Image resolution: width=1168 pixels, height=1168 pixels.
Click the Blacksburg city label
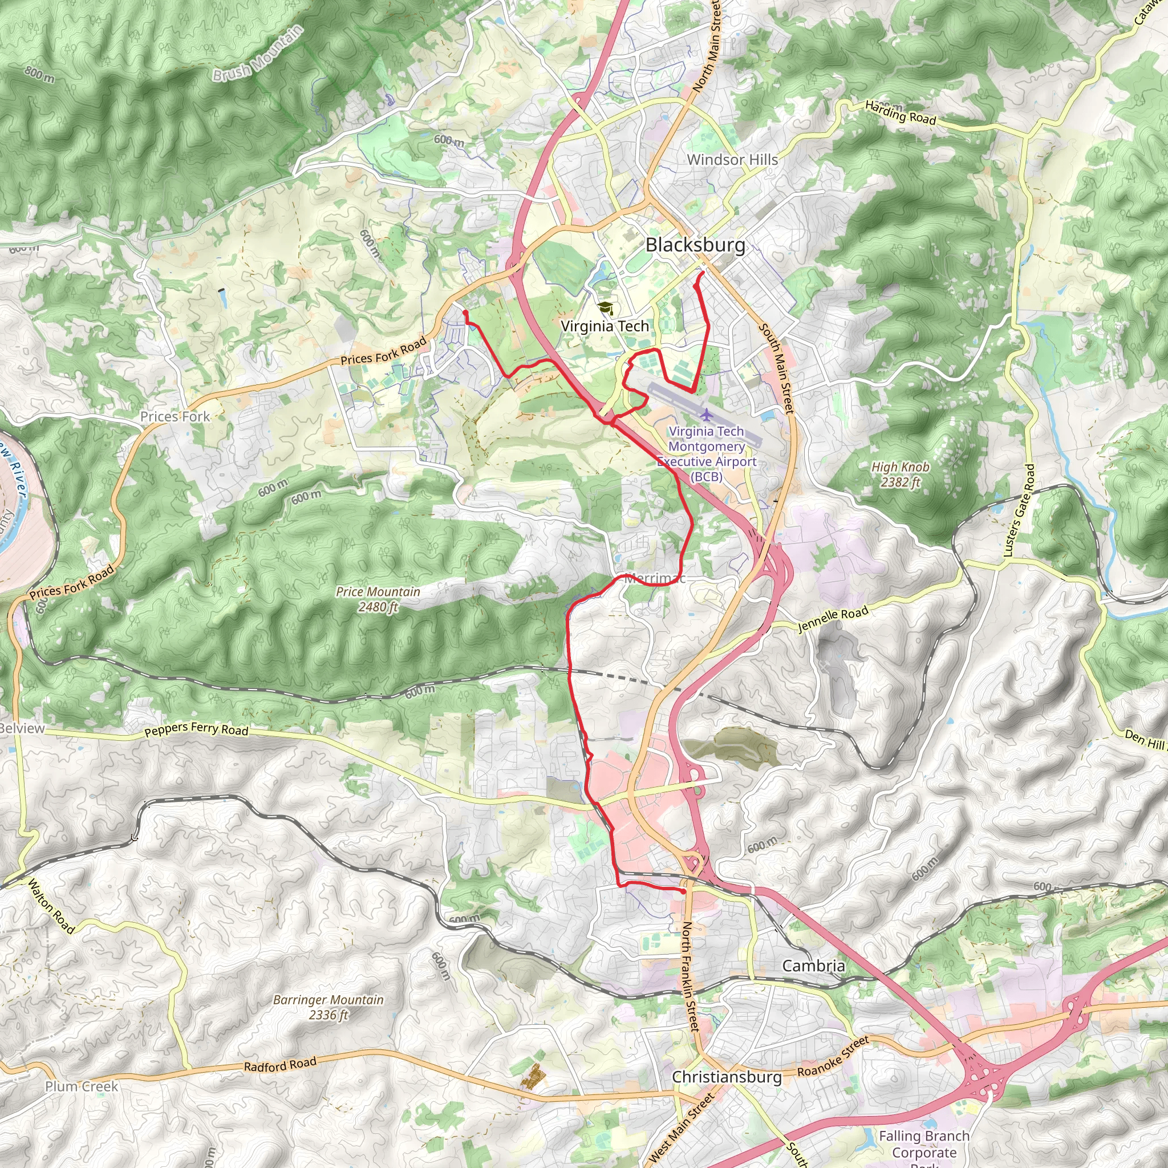[695, 245]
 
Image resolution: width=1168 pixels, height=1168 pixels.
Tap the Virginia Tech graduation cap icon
[605, 309]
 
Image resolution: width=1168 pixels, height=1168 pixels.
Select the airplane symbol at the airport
[706, 415]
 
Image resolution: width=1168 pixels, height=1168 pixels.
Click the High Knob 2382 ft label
[900, 474]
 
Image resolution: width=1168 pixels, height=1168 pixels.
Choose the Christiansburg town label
[727, 1077]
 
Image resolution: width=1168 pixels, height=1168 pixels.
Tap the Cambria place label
[813, 966]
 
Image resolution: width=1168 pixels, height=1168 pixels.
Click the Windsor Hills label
[732, 160]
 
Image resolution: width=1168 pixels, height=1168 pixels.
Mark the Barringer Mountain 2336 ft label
[328, 1007]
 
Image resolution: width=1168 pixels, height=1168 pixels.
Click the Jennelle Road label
[833, 619]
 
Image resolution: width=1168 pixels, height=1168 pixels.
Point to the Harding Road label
[900, 113]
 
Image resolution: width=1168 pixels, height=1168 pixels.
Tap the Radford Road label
[280, 1064]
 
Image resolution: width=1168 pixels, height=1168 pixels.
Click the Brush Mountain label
[258, 54]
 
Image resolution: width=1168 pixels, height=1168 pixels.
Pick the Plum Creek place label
[82, 1086]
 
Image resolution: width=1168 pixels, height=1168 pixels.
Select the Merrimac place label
[655, 578]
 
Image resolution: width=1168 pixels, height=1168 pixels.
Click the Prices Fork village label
[175, 416]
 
